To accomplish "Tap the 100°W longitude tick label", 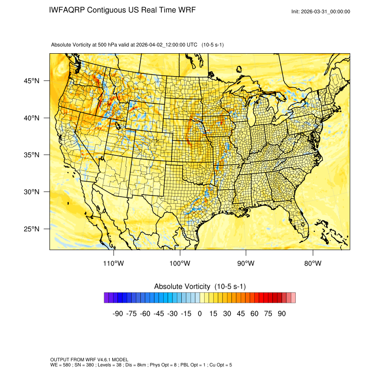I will (180, 264).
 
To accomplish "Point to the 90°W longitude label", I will (246, 264).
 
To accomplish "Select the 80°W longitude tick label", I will (312, 264).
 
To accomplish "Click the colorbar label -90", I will (117, 314).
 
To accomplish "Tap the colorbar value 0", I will (200, 314).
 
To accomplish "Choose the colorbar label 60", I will (254, 314).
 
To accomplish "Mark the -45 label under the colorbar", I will (158, 314).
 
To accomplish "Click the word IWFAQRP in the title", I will (67, 10).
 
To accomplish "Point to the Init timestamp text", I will (321, 11).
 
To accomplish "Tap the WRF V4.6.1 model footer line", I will (89, 360).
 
